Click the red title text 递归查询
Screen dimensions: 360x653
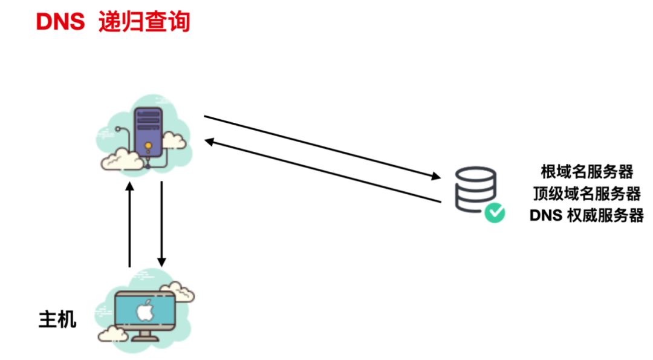(x=145, y=22)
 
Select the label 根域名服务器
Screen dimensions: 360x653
(x=586, y=172)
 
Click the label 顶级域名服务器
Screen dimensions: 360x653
(x=586, y=194)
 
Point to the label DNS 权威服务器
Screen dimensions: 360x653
(x=586, y=215)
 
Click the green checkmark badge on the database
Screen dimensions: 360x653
(x=494, y=212)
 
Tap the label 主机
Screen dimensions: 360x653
(x=57, y=319)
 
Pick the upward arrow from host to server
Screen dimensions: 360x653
(x=129, y=224)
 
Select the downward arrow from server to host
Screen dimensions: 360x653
(x=161, y=224)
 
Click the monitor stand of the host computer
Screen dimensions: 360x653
(x=145, y=335)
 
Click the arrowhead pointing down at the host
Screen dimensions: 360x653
(x=161, y=262)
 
